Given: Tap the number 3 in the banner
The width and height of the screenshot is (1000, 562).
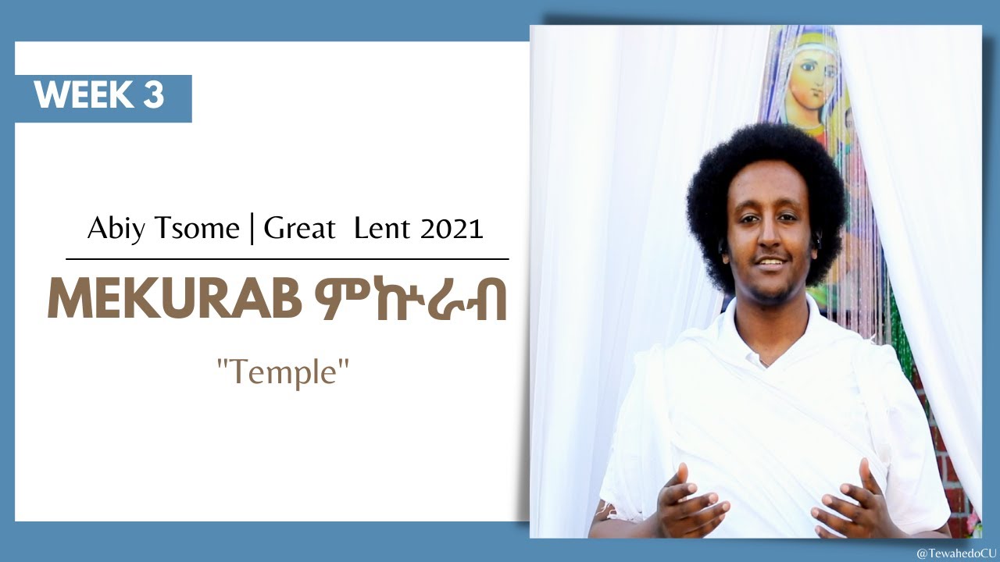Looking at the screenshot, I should point(153,95).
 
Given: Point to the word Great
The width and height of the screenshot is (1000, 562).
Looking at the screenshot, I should point(298,229).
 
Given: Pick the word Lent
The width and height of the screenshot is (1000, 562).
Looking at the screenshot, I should point(382,229).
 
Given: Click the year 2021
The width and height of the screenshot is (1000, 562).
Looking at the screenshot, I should point(452,229).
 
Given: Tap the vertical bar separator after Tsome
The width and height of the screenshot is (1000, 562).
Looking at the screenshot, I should point(252,229).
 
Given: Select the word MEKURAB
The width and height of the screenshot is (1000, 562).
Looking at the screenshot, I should point(173,301).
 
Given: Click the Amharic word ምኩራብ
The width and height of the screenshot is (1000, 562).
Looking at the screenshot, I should point(408,301).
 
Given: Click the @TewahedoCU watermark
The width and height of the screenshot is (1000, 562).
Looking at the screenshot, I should point(955,552).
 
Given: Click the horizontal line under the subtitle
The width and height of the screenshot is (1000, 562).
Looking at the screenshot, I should point(287,258).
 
